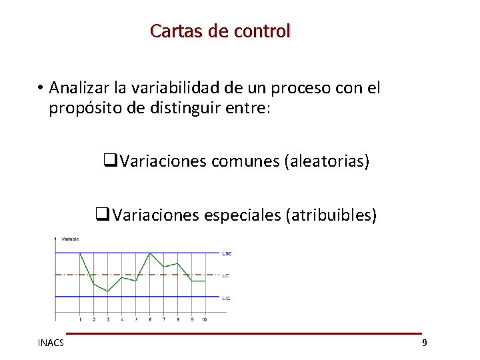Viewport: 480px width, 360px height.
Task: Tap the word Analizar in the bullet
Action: coord(79,88)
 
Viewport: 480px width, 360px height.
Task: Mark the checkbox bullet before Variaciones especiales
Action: coord(102,215)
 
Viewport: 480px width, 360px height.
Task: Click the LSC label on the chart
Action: coord(227,253)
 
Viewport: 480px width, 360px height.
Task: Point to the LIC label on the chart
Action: coord(227,298)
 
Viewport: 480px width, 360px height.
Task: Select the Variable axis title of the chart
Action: coord(70,239)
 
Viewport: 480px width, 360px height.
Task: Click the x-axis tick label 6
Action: coord(150,319)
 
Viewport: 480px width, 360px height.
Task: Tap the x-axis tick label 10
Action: coord(204,319)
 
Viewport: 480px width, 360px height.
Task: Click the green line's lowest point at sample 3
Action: coord(108,291)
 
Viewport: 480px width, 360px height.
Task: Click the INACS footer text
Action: coord(51,343)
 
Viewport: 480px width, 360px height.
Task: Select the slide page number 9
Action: coord(424,343)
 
